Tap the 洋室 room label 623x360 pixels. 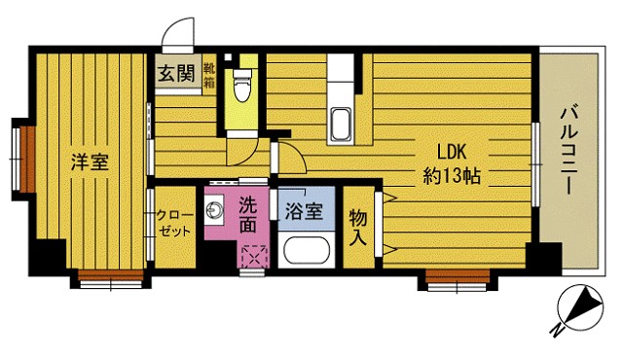click(89, 162)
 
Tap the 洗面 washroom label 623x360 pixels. click(248, 215)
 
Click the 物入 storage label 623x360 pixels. click(358, 226)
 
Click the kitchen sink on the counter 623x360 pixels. click(343, 126)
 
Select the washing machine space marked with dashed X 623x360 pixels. click(254, 257)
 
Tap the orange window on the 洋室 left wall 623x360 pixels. click(27, 156)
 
